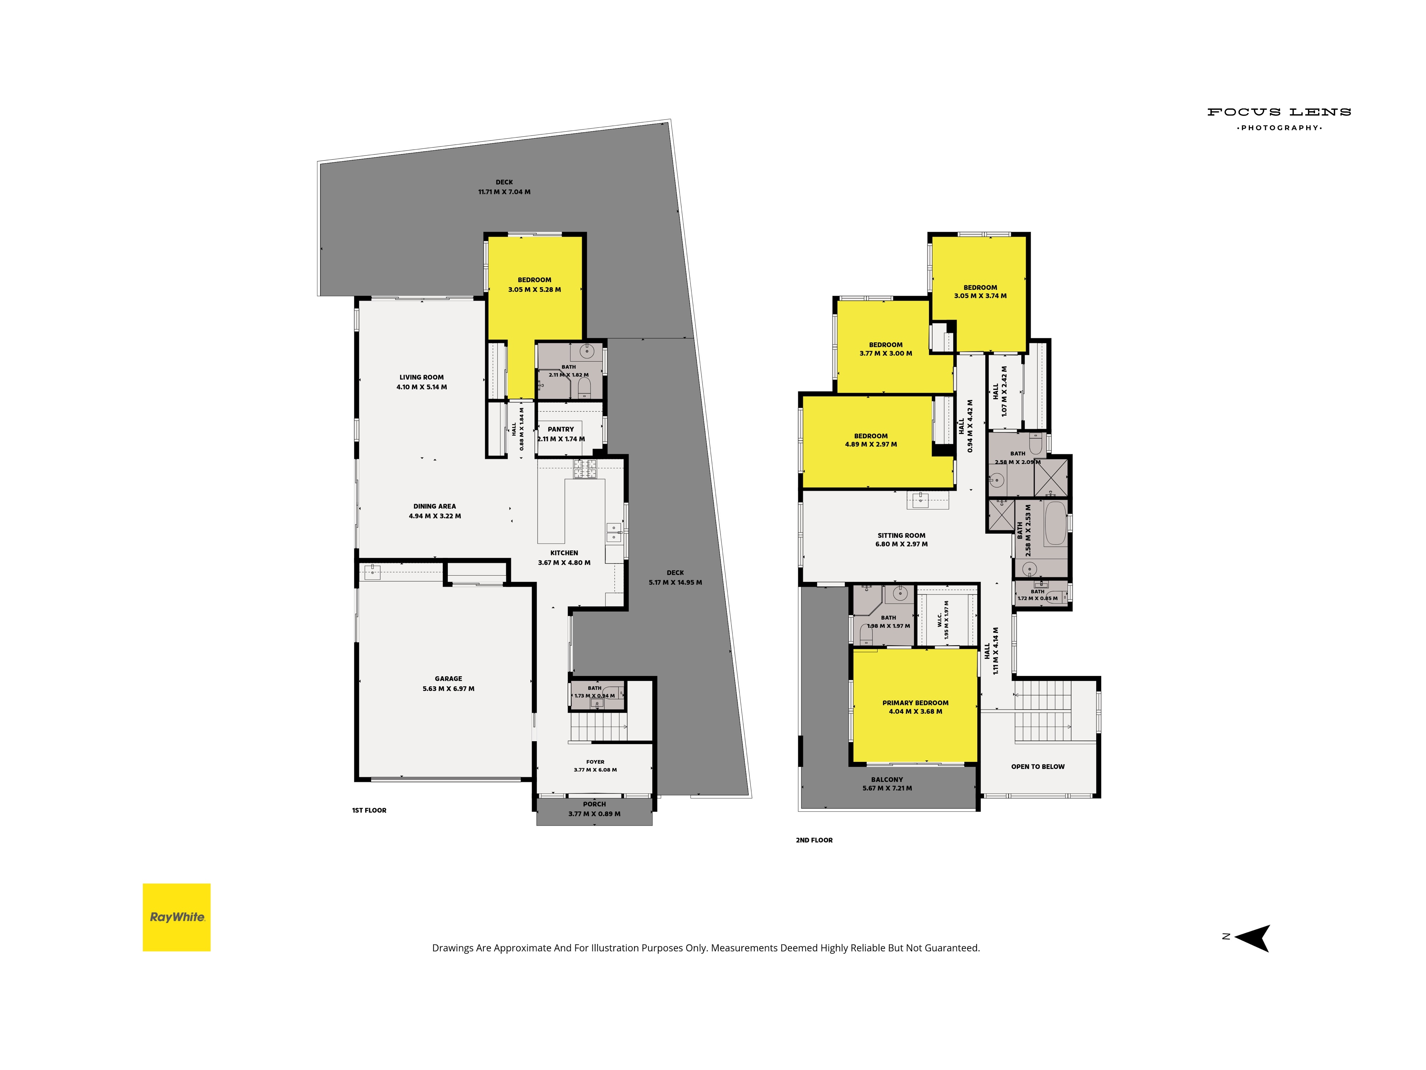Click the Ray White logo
(176, 917)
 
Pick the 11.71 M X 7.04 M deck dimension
(504, 192)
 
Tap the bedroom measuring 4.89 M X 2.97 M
(871, 440)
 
